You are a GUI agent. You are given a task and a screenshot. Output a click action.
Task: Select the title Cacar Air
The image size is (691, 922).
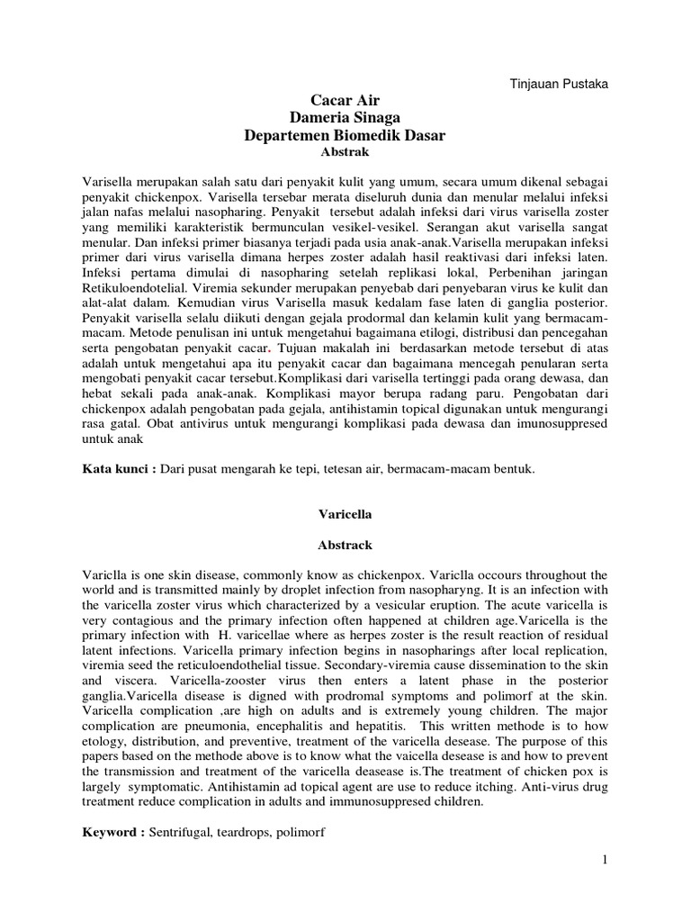pos(346,102)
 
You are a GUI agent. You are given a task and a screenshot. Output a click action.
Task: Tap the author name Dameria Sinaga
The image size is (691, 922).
pos(346,118)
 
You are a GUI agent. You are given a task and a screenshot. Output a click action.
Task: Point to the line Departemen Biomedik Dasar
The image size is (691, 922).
pos(346,135)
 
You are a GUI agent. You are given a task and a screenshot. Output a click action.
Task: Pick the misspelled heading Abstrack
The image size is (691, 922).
pos(346,545)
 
